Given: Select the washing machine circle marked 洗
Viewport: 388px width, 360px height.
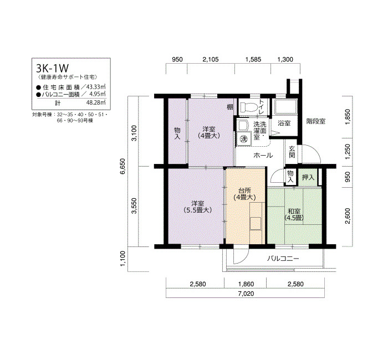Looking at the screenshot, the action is coord(244,139).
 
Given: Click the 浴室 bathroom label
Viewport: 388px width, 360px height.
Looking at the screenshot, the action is coord(284,123).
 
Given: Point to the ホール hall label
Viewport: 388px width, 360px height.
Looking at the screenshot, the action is coord(263,155).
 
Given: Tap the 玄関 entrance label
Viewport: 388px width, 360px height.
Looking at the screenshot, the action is coord(292,152).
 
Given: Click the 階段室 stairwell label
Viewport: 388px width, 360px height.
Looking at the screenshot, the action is coord(316,121).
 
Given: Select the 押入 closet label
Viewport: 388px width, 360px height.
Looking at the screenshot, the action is coord(308,177).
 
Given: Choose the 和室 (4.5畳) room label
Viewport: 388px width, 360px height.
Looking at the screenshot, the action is coord(294,215).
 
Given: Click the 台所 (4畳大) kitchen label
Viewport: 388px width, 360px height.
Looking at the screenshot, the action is coord(244,194).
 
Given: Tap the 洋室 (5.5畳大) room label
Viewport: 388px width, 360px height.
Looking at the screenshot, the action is coord(197,207).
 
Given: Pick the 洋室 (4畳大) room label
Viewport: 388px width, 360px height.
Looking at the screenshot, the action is coord(209,132).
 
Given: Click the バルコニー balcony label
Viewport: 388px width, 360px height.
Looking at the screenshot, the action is coord(283,259).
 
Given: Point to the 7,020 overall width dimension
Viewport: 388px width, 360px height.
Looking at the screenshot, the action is coord(246,294).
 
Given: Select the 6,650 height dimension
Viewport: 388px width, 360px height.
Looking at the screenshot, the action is coord(123,166).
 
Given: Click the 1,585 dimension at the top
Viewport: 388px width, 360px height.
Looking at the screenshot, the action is coord(253,59).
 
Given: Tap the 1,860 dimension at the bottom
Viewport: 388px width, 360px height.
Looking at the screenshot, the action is coord(246,284).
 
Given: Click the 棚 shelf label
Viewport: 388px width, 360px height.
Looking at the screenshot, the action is coord(230,107).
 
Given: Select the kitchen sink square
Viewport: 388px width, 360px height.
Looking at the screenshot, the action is coord(256,224).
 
